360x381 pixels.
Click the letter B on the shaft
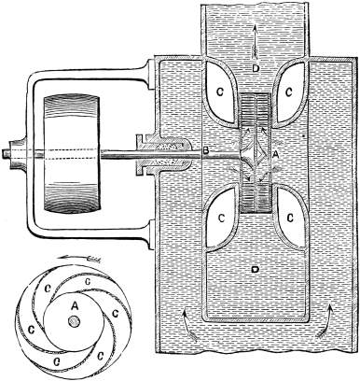(205, 151)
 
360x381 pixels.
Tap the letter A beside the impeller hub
(275, 154)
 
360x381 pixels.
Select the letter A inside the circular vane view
(75, 306)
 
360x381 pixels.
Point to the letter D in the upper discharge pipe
(256, 68)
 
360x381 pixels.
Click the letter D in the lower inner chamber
(255, 269)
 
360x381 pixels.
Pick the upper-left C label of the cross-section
(220, 92)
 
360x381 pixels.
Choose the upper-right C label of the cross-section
(289, 92)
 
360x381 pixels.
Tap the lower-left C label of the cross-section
(221, 219)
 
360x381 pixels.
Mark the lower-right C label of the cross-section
(290, 219)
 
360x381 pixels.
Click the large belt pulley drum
(72, 154)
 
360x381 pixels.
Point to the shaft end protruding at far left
(6, 154)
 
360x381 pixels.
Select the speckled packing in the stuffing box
(168, 154)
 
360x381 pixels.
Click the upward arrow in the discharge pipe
(256, 42)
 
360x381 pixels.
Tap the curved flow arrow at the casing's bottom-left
(188, 324)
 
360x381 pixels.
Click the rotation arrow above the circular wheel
(80, 258)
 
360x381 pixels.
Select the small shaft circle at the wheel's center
(74, 322)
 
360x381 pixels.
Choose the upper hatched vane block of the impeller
(256, 110)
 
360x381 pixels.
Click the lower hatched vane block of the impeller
(256, 197)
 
